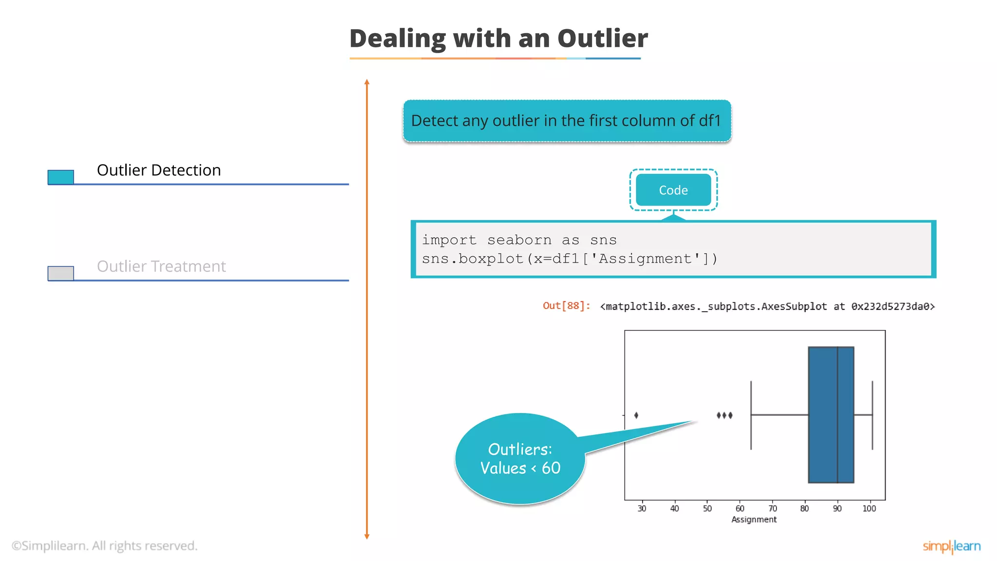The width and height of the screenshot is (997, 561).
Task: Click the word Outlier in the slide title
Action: coord(602,38)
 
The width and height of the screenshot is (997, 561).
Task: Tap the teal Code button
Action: coord(673,190)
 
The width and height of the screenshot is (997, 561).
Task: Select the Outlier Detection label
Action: coord(159,170)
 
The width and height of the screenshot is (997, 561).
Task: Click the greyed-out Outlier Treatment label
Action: coord(161,266)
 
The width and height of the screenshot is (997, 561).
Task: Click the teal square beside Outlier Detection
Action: coord(61,177)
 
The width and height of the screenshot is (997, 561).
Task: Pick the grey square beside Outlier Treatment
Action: coord(61,273)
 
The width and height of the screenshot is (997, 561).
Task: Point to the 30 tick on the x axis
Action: coord(642,508)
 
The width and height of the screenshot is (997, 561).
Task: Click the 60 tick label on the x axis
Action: coord(739,508)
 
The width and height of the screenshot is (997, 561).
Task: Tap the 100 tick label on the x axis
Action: coord(869,508)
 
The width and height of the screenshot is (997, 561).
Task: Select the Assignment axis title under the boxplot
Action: coord(754,520)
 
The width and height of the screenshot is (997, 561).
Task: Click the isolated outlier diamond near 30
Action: coord(636,415)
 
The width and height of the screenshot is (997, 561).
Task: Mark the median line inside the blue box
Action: coord(837,414)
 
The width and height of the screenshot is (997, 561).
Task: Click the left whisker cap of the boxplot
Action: coord(751,415)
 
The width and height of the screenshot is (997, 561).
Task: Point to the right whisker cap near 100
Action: coord(872,415)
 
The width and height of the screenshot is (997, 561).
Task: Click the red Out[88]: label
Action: coord(566,306)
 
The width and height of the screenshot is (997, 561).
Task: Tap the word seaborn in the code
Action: coord(519,240)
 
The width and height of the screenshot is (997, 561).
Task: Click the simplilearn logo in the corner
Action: coord(951,546)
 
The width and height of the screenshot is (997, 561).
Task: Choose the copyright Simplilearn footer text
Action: coord(105,546)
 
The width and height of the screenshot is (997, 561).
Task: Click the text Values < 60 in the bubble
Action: coord(520,468)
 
